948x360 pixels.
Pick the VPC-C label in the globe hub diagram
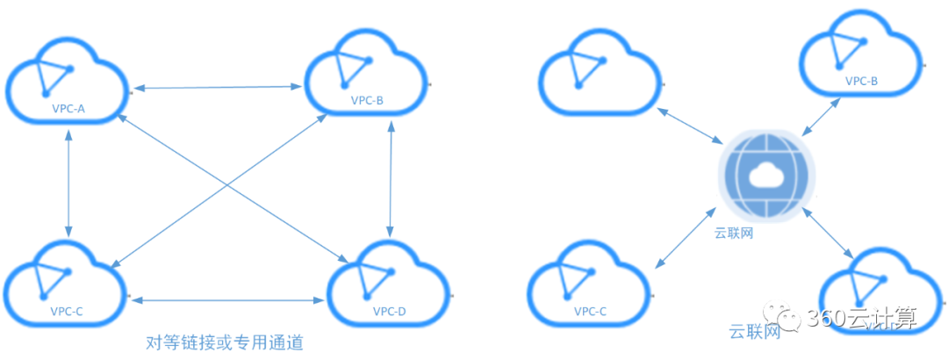pos(590,311)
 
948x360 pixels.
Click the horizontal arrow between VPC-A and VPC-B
pos(217,86)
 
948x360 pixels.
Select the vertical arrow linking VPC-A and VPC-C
pos(68,180)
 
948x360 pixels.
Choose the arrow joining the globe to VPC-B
pos(818,116)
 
